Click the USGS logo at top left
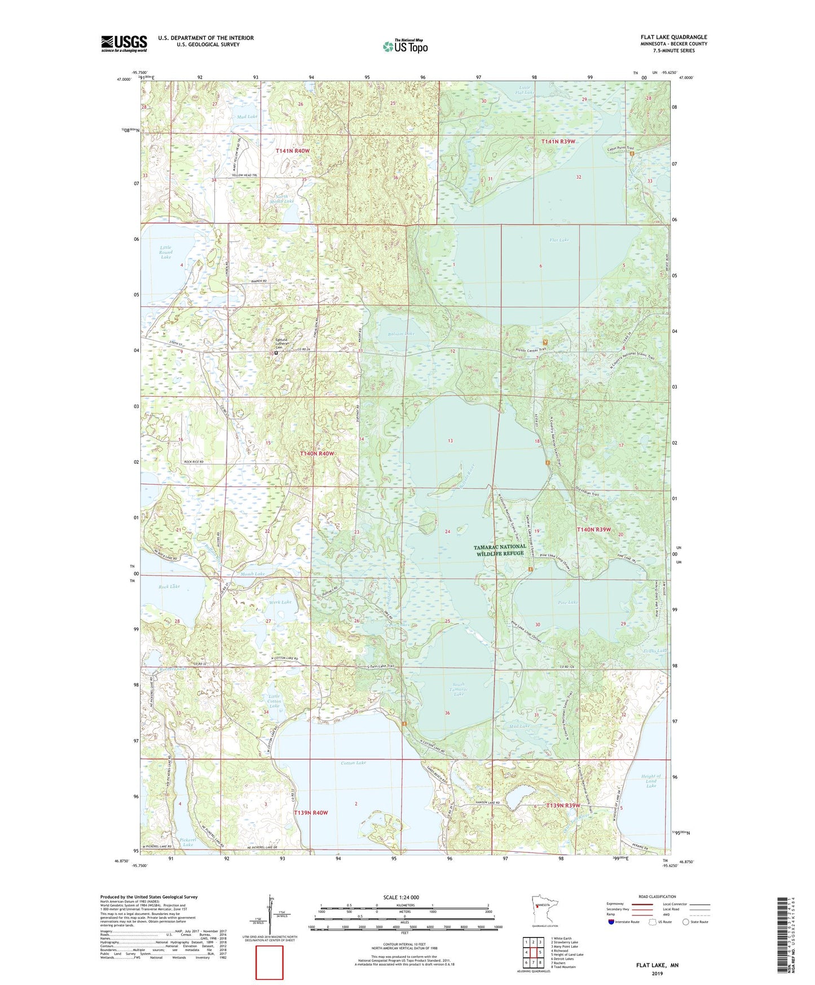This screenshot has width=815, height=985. [124, 43]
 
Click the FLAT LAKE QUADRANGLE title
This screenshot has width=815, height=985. [673, 37]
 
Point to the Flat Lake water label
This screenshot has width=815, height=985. [559, 240]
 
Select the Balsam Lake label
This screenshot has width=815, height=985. [401, 334]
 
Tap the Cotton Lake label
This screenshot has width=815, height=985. [354, 763]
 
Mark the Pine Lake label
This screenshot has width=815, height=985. [567, 603]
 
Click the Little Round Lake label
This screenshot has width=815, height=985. [166, 252]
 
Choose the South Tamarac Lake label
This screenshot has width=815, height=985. [458, 689]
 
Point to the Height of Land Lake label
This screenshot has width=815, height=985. [651, 781]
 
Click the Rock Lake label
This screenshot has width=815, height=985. [169, 587]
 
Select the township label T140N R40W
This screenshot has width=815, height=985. [316, 454]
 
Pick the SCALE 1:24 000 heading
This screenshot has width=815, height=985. [401, 897]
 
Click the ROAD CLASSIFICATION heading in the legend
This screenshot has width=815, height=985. [657, 896]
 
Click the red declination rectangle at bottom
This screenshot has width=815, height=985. [270, 962]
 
